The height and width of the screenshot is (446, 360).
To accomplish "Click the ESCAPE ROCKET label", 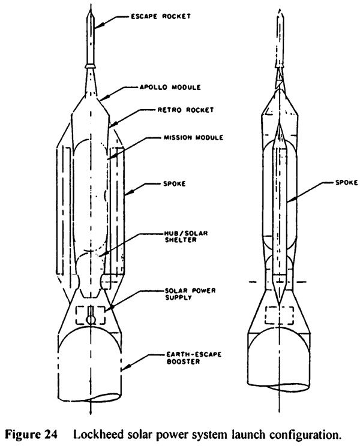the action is click(161, 16).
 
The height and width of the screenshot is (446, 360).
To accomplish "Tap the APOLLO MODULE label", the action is click(170, 87).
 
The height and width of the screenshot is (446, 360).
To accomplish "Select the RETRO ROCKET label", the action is click(185, 110).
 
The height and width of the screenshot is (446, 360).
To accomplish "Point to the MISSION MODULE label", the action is click(194, 137).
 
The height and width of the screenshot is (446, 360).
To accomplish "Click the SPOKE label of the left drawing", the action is click(174, 184).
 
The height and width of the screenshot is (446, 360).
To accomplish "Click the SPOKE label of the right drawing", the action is click(346, 182).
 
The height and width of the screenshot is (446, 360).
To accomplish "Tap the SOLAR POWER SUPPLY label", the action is click(190, 294).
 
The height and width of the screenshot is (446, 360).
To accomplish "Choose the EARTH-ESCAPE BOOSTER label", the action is click(194, 358).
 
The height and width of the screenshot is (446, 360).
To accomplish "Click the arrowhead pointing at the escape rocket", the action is click(96, 26).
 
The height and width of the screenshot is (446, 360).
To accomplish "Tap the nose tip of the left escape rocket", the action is click(91, 8).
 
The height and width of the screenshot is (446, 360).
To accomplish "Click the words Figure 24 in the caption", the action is click(31, 435).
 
